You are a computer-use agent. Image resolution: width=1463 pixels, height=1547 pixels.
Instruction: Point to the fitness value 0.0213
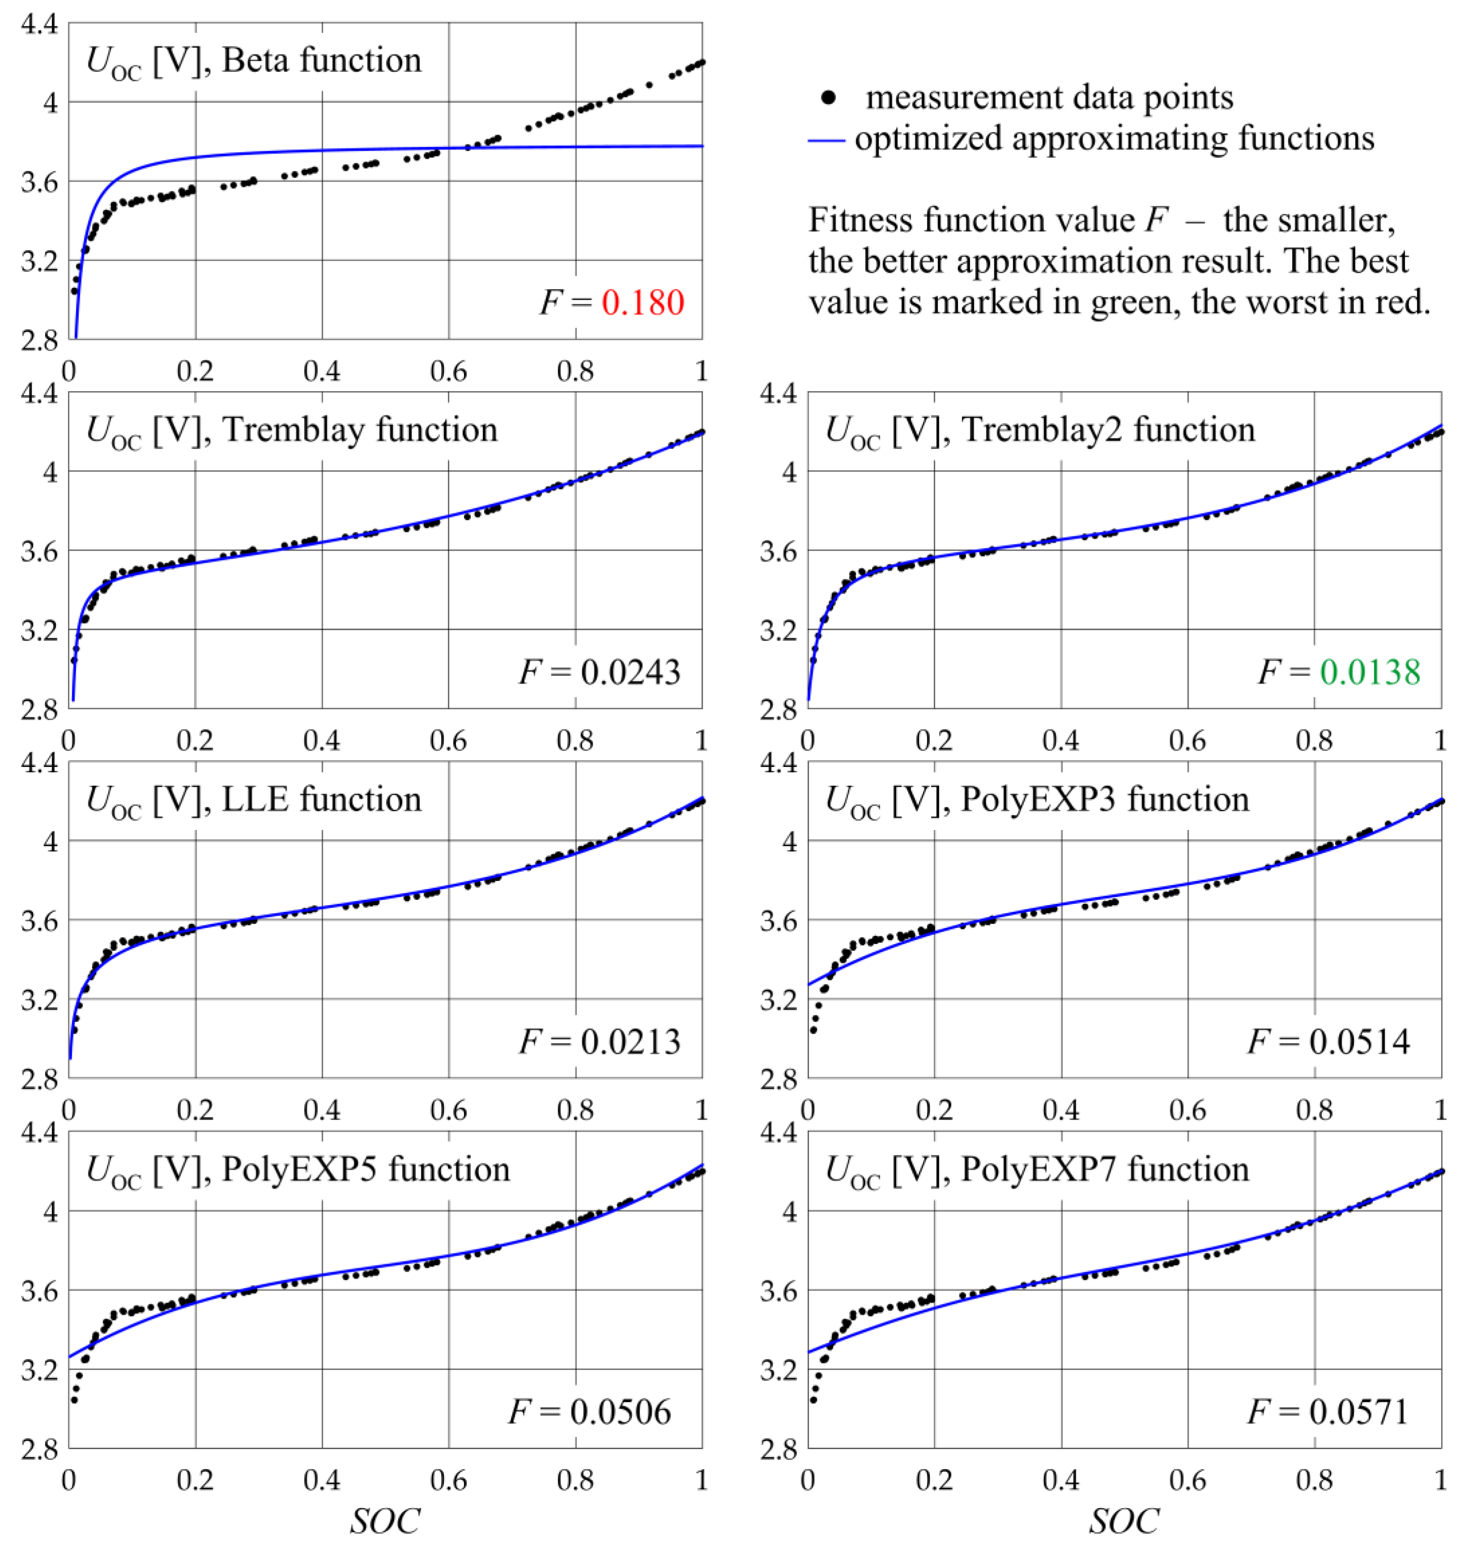(x=630, y=1042)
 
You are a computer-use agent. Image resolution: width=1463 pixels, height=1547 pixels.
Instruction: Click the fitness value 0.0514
(x=1359, y=1042)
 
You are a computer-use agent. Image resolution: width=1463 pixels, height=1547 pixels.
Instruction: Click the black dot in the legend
(x=829, y=97)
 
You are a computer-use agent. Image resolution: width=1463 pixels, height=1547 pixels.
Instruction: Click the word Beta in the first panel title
(x=257, y=60)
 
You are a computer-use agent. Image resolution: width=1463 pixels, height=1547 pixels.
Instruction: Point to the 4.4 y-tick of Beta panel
(x=39, y=24)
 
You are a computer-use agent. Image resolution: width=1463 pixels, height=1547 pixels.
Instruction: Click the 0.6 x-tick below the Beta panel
(x=448, y=371)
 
